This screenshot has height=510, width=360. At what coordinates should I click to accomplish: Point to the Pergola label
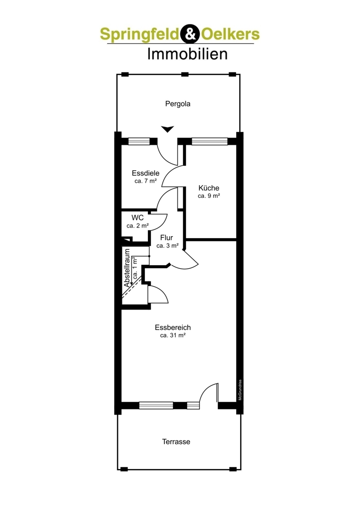point(177,104)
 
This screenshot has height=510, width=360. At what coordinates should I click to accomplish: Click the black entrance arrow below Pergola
point(167,129)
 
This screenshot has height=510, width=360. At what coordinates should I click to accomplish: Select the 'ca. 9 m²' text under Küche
point(209,195)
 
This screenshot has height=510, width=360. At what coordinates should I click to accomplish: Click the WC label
point(138,217)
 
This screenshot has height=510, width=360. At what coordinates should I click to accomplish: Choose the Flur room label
point(167,238)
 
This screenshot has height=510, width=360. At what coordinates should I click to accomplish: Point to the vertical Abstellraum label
point(127,268)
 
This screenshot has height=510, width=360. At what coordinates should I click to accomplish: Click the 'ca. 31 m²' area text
point(172,336)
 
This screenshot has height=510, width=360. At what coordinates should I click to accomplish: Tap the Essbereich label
point(172,327)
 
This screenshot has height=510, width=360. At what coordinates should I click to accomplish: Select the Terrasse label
point(176,442)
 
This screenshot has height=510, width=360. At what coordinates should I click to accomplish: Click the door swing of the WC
point(161,220)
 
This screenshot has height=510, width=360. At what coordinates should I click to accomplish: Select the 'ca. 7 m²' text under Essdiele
point(145,181)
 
